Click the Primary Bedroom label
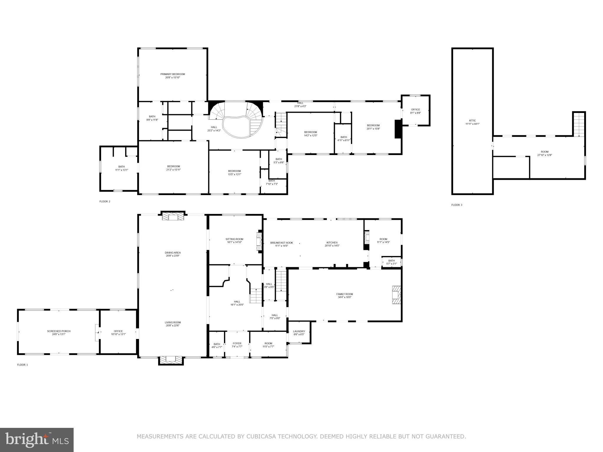pyautogui.click(x=173, y=74)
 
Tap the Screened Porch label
pyautogui.click(x=59, y=331)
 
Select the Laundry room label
pyautogui.click(x=299, y=331)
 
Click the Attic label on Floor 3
pyautogui.click(x=472, y=120)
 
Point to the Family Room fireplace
pyautogui.click(x=396, y=295)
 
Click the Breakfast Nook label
pyautogui.click(x=281, y=243)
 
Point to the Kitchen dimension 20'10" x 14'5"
pyautogui.click(x=332, y=246)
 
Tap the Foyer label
pyautogui.click(x=237, y=343)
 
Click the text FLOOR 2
pyautogui.click(x=105, y=202)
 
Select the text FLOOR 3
pyautogui.click(x=457, y=205)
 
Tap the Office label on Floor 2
pyautogui.click(x=415, y=109)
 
